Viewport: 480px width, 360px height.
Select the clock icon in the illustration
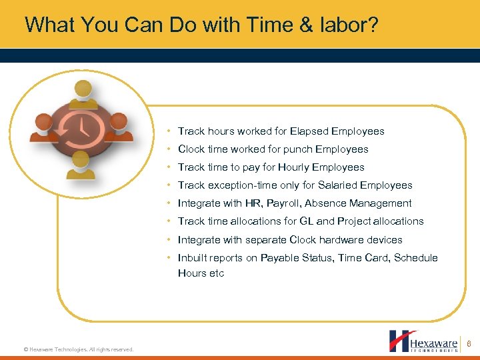80,126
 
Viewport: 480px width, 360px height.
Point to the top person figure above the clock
82,91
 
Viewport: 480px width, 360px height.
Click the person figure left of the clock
43,127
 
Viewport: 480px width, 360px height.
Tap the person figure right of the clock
118,127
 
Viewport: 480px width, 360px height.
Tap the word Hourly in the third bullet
293,167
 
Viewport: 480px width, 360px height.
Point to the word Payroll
282,203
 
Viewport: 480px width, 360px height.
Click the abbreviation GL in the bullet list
307,221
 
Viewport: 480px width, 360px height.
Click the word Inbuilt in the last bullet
193,258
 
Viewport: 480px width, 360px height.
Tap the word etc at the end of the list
217,273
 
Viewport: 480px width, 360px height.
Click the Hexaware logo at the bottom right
423,341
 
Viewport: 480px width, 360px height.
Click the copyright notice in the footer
79,349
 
